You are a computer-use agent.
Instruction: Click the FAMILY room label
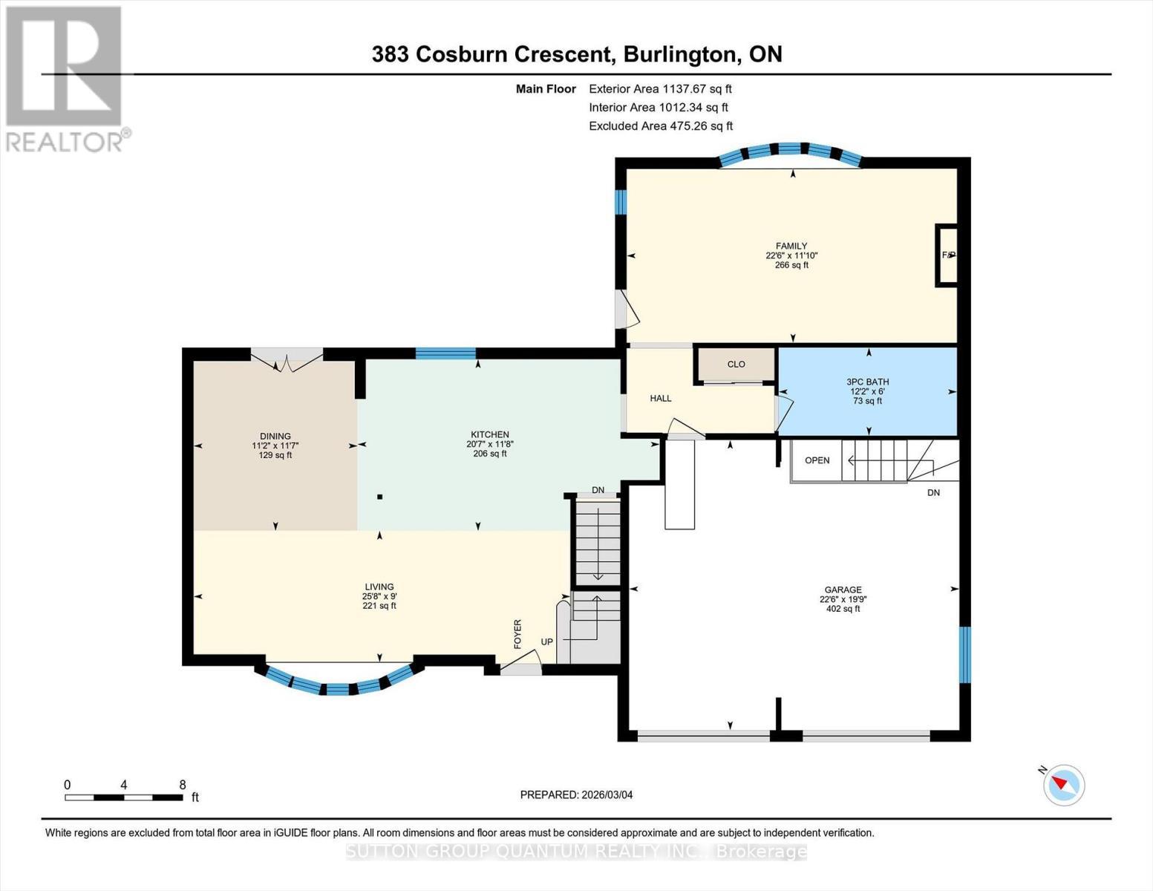pyautogui.click(x=791, y=247)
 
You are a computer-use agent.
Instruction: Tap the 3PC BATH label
pyautogui.click(x=867, y=382)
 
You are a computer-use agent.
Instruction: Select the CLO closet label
pyautogui.click(x=736, y=365)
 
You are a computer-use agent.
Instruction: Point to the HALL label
pyautogui.click(x=661, y=399)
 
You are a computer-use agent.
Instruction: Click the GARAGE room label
pyautogui.click(x=843, y=590)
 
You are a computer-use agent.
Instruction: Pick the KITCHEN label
pyautogui.click(x=490, y=435)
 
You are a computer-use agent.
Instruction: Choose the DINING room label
pyautogui.click(x=275, y=437)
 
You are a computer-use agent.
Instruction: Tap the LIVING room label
pyautogui.click(x=379, y=587)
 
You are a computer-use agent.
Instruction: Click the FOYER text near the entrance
pyautogui.click(x=517, y=633)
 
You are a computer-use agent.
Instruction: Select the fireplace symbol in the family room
pyautogui.click(x=947, y=255)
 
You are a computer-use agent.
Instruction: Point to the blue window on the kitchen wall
pyautogui.click(x=445, y=353)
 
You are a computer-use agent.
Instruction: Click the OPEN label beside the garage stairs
pyautogui.click(x=817, y=460)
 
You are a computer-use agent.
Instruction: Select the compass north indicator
pyautogui.click(x=1063, y=785)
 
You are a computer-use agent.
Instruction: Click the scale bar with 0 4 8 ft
pyautogui.click(x=124, y=797)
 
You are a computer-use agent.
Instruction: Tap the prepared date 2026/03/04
pyautogui.click(x=576, y=794)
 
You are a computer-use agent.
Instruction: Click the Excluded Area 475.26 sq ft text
pyautogui.click(x=661, y=126)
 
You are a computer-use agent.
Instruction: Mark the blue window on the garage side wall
pyautogui.click(x=964, y=655)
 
